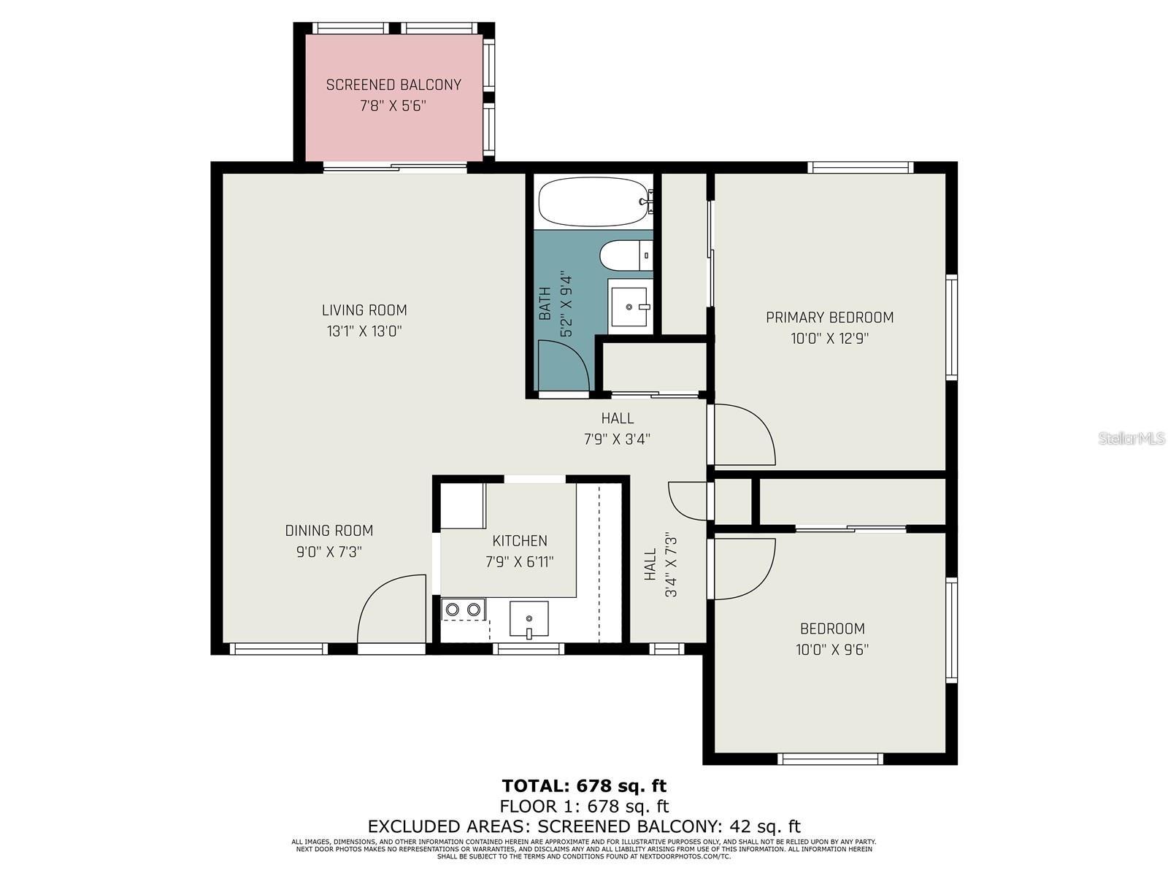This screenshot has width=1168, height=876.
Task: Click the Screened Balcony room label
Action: click(393, 85)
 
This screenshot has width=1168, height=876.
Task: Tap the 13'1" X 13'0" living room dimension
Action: click(364, 331)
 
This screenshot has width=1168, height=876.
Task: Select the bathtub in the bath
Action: click(593, 201)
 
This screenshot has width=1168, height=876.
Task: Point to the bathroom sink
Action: click(629, 307)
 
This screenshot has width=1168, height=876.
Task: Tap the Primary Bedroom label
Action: click(829, 318)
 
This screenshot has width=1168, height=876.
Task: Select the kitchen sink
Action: click(529, 620)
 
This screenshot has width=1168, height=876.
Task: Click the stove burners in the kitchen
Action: click(464, 609)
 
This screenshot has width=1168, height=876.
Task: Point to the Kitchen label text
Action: click(520, 541)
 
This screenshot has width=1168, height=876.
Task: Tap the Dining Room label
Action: click(328, 531)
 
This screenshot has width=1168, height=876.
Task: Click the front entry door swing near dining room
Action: click(391, 610)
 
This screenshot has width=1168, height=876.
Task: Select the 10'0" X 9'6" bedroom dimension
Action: click(831, 650)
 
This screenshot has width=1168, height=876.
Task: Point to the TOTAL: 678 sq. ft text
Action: click(584, 786)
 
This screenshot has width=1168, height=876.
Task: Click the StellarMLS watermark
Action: click(1131, 439)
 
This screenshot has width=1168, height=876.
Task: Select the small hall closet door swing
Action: click(688, 500)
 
